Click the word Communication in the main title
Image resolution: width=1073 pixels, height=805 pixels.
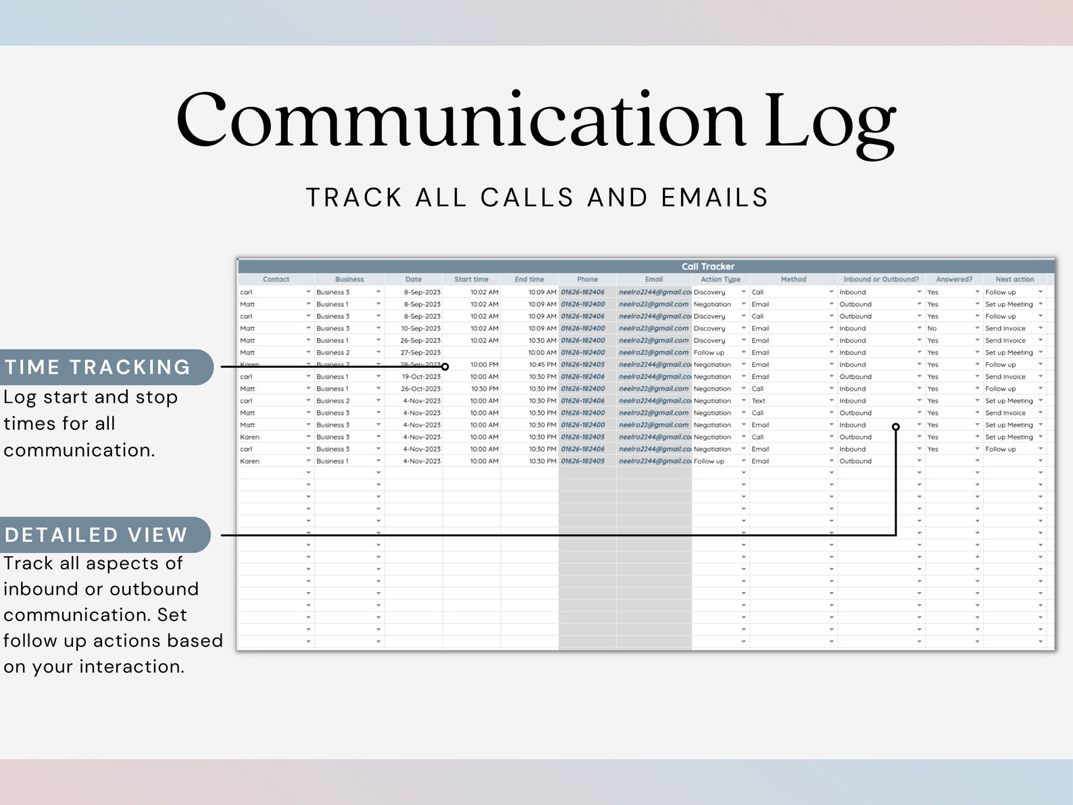click(x=460, y=120)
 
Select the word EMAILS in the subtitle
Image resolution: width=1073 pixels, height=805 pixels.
click(x=714, y=197)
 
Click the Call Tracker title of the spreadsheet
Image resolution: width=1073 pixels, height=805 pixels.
click(x=707, y=266)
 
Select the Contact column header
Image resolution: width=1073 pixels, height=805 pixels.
click(x=276, y=279)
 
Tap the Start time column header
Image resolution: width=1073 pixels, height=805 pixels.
click(x=471, y=279)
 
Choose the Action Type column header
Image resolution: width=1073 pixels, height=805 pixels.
click(x=720, y=279)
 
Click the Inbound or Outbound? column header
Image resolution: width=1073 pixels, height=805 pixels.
click(x=881, y=279)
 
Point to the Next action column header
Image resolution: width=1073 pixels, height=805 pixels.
click(x=1014, y=279)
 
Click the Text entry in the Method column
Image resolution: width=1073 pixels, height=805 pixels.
click(x=759, y=401)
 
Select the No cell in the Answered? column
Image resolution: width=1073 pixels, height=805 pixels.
click(x=932, y=328)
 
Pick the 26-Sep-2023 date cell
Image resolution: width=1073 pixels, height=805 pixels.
click(x=420, y=341)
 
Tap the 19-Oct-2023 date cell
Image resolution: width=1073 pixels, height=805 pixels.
click(x=421, y=376)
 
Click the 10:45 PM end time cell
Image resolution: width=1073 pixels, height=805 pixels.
click(x=542, y=365)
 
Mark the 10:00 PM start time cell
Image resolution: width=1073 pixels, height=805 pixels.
click(x=484, y=365)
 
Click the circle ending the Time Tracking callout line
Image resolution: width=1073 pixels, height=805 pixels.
click(x=445, y=367)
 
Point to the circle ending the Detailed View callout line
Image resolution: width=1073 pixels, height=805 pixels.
click(x=896, y=426)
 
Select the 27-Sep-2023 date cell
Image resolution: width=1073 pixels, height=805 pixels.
click(x=420, y=353)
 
